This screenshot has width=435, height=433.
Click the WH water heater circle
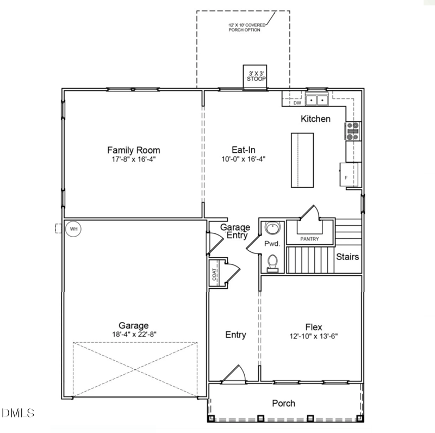tap(73, 229)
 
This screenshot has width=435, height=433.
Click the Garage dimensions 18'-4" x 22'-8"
tap(134, 335)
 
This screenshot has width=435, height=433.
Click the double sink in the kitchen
tap(316, 100)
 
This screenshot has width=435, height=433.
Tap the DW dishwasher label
tap(297, 103)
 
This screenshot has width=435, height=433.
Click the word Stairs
tap(347, 257)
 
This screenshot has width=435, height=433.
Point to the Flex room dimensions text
tap(314, 337)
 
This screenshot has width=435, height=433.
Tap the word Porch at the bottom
tap(284, 403)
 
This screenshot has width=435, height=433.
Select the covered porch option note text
tap(245, 27)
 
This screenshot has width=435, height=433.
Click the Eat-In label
tap(244, 150)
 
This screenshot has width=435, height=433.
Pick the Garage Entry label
tap(235, 231)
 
